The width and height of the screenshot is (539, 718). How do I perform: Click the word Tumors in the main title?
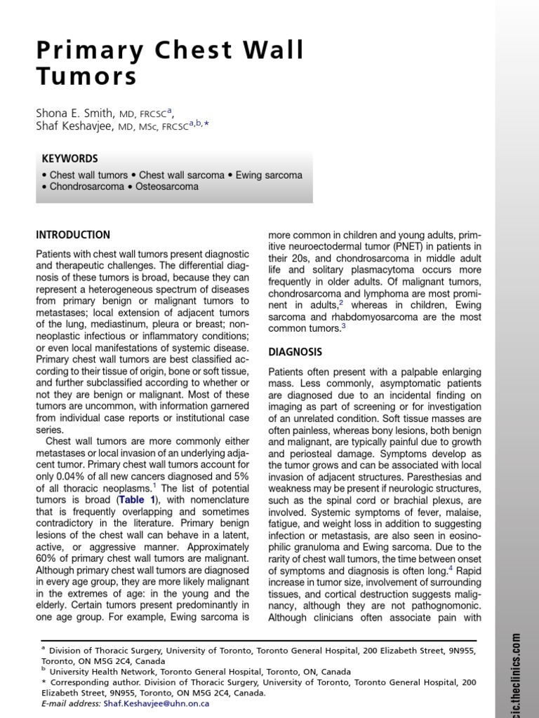click(86, 76)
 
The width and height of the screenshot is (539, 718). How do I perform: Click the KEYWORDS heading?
click(69, 158)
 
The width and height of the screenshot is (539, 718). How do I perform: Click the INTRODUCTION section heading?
click(73, 235)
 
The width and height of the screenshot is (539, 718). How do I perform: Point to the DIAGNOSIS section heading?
click(296, 351)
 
